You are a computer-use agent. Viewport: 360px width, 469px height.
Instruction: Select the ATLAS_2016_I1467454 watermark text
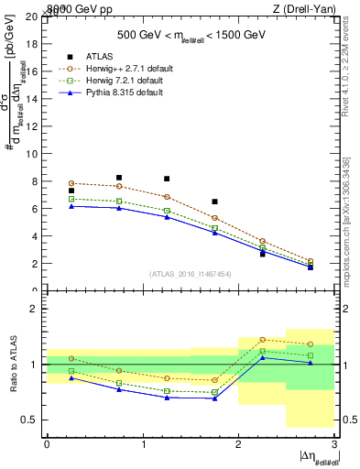190,273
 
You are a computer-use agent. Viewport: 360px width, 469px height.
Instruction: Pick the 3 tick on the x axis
334,444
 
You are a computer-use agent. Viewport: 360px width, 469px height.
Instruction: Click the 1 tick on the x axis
143,444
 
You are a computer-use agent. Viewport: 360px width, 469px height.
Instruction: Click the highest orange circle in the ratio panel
262,340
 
